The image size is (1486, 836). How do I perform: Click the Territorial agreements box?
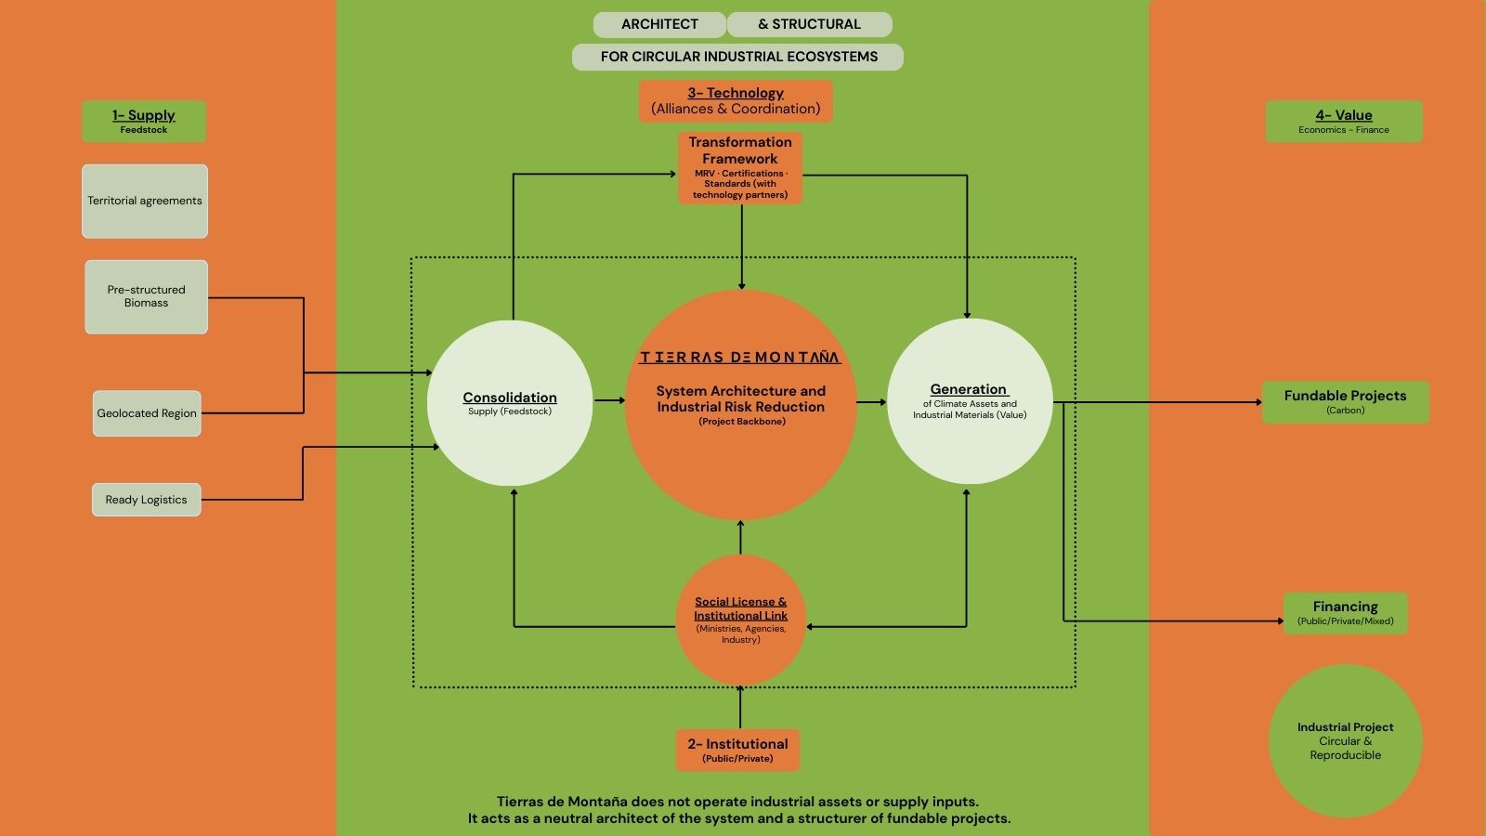[x=145, y=201]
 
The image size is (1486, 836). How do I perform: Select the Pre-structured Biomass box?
[x=146, y=296]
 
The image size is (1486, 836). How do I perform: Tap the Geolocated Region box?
[x=147, y=413]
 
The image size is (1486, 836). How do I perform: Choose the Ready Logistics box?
[x=146, y=500]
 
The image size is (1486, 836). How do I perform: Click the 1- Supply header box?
[x=144, y=121]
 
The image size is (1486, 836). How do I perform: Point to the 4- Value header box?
[x=1343, y=121]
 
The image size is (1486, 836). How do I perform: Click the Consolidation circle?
[x=510, y=403]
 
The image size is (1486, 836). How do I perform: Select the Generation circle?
[x=969, y=401]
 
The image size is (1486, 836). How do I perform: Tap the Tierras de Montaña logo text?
[x=740, y=358]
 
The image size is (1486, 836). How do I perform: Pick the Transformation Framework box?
[x=740, y=167]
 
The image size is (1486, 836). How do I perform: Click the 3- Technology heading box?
[x=736, y=100]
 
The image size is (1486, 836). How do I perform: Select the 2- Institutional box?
[x=737, y=750]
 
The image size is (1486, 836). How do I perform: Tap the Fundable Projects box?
[x=1345, y=401]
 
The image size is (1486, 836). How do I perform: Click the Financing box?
[x=1345, y=613]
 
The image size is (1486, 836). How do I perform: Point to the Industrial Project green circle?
[x=1345, y=740]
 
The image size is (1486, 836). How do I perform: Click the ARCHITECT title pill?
[x=659, y=24]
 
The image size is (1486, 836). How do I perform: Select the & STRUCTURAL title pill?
[x=809, y=24]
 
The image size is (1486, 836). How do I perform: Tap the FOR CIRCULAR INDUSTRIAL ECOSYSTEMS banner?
[x=738, y=57]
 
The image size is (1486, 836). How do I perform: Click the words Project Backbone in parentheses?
[x=742, y=422]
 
